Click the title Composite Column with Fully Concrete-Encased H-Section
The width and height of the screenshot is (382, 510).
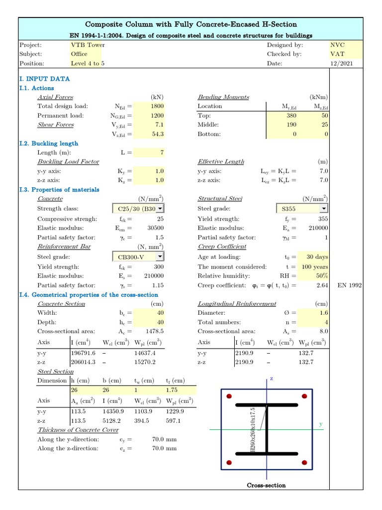tap(191, 24)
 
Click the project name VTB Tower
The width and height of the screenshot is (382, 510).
tap(88, 45)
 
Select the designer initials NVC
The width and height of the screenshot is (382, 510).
tap(337, 45)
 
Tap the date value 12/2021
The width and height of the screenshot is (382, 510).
tap(341, 63)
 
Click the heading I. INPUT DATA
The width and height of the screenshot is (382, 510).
tap(44, 79)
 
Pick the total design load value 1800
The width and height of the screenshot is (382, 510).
tap(157, 106)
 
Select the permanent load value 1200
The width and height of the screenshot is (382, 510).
tap(157, 116)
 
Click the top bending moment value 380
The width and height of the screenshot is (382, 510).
tap(290, 116)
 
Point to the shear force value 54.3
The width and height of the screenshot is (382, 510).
tap(157, 134)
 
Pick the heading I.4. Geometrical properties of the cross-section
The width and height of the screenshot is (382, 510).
tap(89, 295)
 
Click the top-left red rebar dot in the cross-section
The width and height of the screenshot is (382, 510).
tap(229, 396)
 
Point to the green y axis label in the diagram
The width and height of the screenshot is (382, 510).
tap(321, 424)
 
